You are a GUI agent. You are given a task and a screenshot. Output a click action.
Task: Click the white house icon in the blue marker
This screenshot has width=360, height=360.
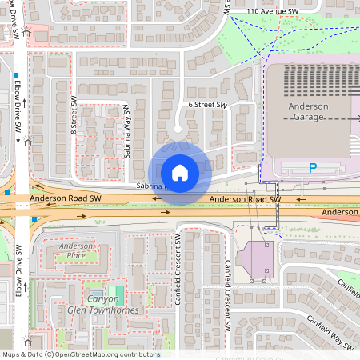point(180,172)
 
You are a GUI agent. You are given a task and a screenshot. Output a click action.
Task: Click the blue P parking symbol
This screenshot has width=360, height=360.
point(313,168)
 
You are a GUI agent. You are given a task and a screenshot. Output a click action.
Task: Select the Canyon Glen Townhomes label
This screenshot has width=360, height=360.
point(103,305)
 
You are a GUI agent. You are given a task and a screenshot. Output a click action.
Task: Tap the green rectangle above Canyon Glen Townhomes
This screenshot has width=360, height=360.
point(118,292)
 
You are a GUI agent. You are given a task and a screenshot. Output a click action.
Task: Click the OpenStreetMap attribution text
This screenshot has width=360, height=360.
point(80,354)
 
